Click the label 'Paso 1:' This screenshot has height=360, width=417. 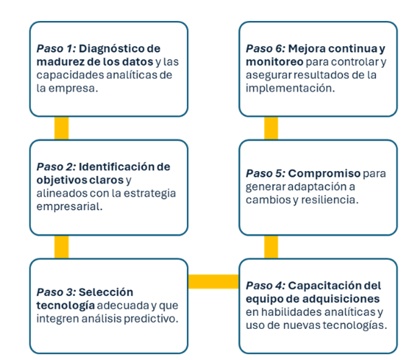coord(56,48)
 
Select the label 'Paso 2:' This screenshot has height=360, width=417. coord(56,167)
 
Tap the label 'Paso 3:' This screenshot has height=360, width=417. coord(56,292)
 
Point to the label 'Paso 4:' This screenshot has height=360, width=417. coord(265,286)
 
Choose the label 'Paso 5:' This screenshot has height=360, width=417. coord(265,173)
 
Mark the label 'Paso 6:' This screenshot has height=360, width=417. coord(265,48)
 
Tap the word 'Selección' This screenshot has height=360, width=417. coord(106,292)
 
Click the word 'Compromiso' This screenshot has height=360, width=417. coord(325,174)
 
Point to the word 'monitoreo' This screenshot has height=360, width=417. coord(274,62)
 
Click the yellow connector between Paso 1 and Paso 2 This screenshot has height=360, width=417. coord(61,128)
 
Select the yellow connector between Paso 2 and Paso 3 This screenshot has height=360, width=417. coord(61,247)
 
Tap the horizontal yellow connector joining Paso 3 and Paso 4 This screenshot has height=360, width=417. coord(214,281)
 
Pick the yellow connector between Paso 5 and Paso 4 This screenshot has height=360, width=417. coord(271,247)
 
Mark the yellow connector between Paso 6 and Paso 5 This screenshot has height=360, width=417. coord(271,128)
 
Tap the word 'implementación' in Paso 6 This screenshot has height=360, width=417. coord(290,89)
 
